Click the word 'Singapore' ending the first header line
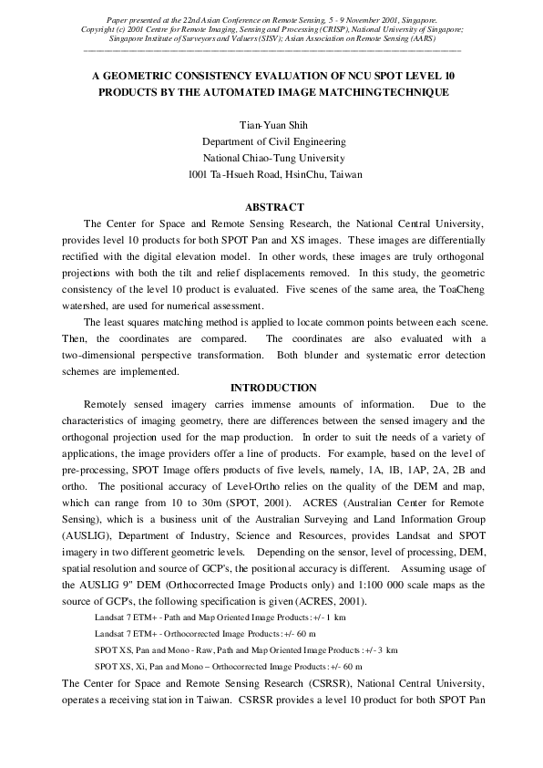[416, 18]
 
